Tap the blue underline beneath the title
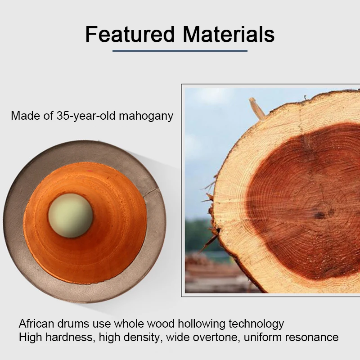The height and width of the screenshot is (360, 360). click(x=180, y=51)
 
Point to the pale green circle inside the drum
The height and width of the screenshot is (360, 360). click(x=70, y=216)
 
